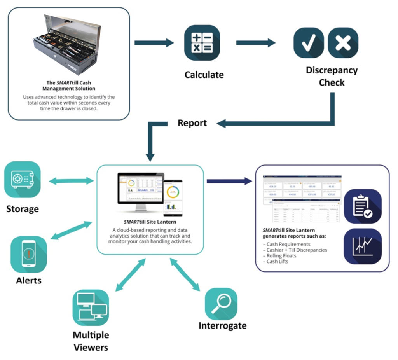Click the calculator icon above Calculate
pos(202,43)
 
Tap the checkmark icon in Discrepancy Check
pos(308,43)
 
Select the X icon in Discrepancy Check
pos(343,43)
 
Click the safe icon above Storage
pos(23,179)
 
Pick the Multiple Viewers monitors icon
pos(91,308)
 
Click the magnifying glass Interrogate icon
pos(221,304)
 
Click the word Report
pos(192,123)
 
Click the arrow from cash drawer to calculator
pos(154,43)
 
